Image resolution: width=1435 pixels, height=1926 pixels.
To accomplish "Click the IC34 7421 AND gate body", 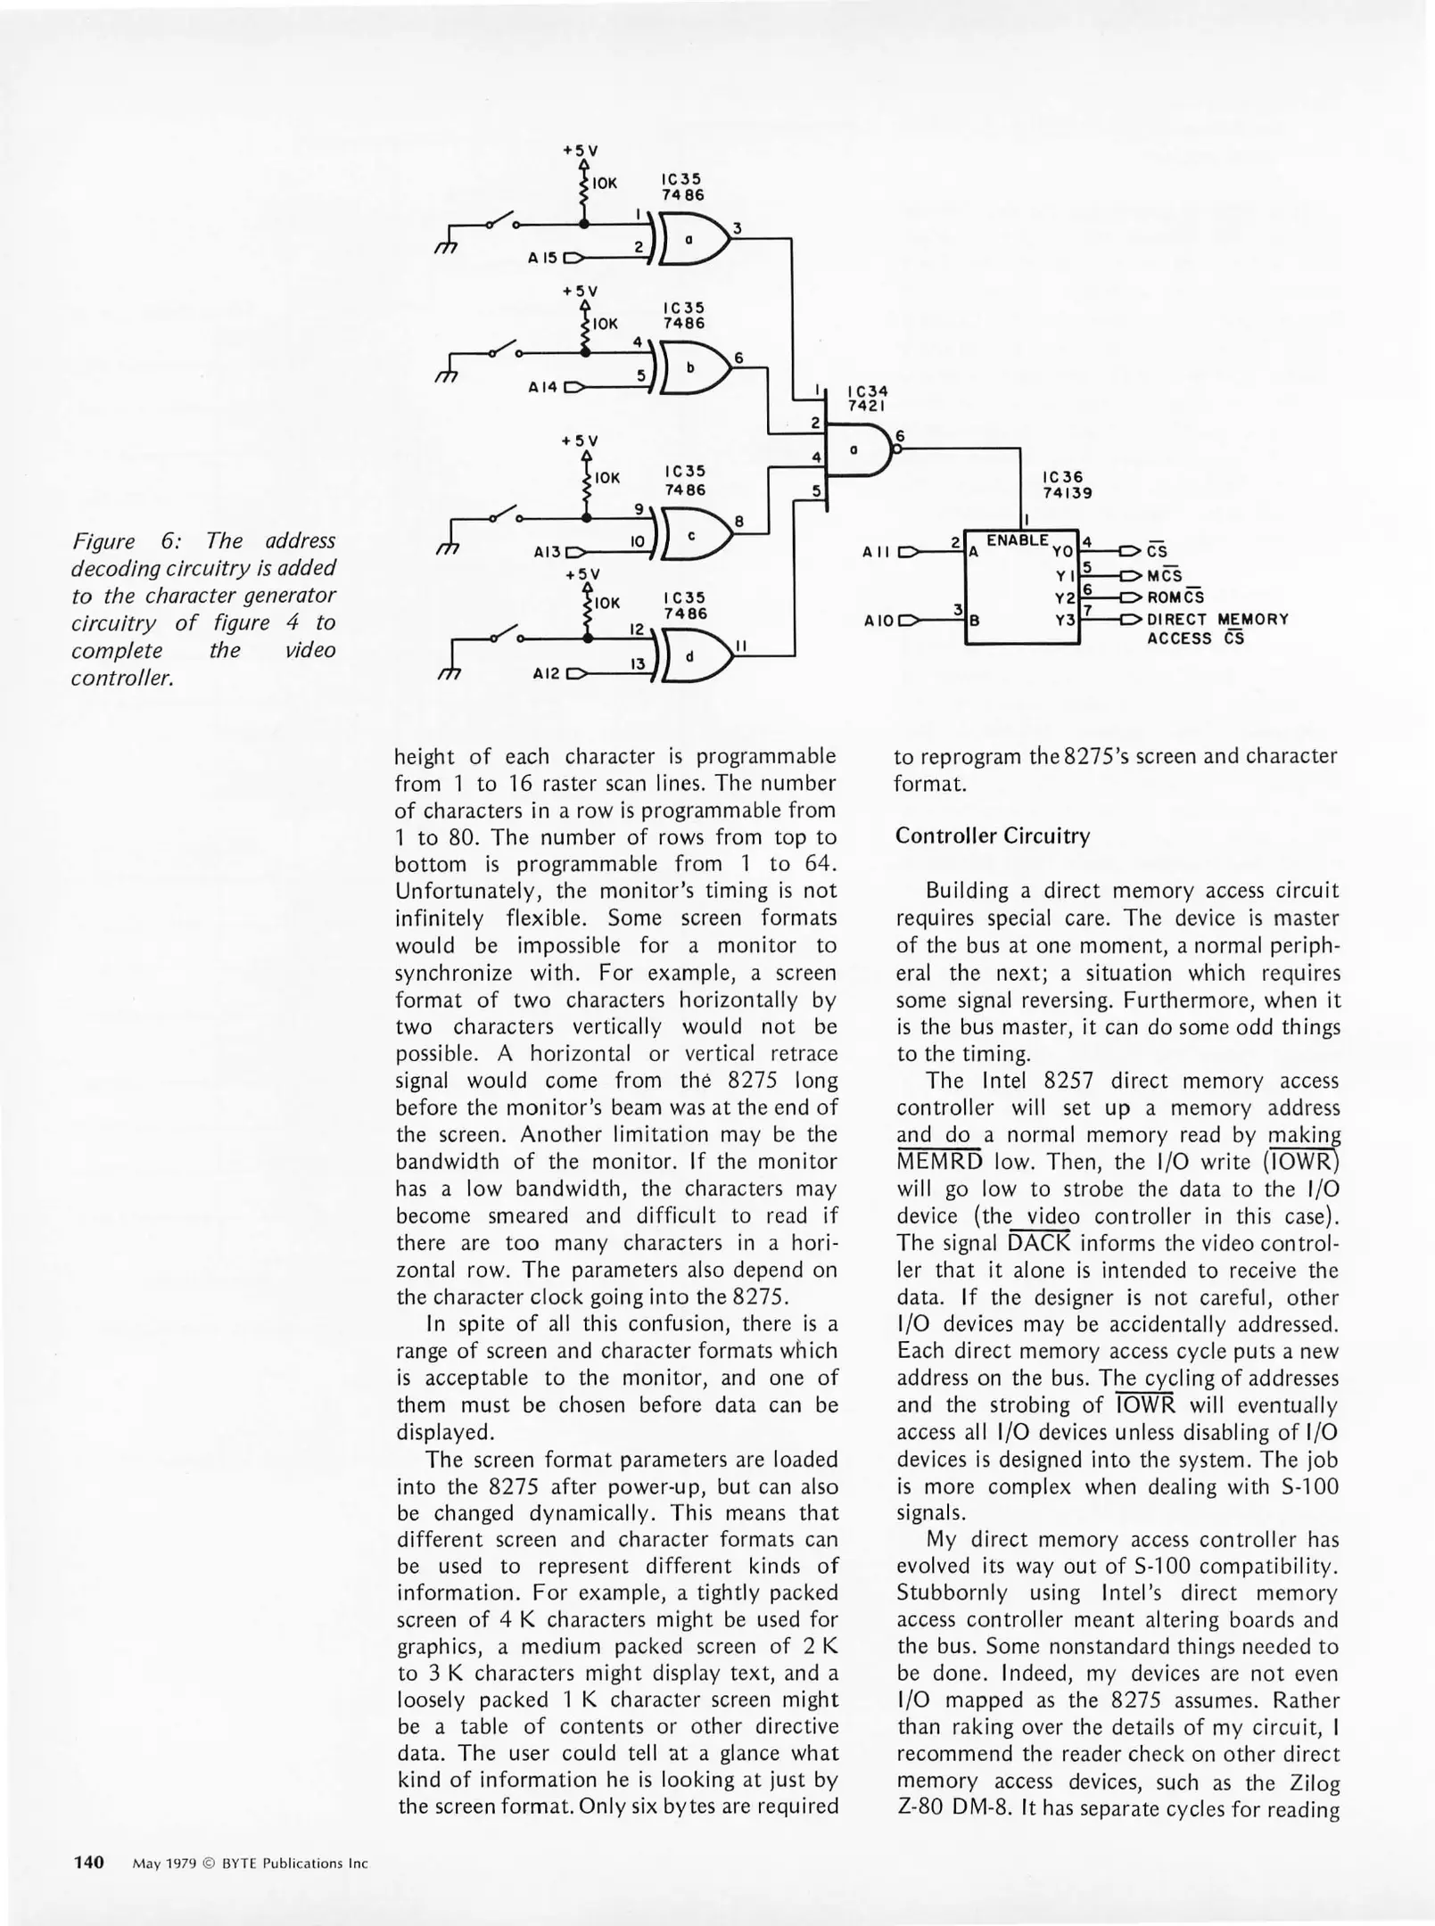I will point(858,451).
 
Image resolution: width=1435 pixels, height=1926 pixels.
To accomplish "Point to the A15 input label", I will point(542,259).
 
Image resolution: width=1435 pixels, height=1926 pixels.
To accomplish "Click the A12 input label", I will point(545,673).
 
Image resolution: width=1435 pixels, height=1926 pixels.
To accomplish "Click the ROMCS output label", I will point(1175,597).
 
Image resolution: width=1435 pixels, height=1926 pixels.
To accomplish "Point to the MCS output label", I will point(1164,575).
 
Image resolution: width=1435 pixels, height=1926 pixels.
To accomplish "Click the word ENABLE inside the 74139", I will point(1017,540).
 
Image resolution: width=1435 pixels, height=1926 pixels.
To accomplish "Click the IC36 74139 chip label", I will point(1067,485).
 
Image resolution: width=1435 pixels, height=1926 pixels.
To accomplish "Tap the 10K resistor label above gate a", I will point(605,184).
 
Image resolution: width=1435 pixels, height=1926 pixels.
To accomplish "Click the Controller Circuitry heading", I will point(992,835).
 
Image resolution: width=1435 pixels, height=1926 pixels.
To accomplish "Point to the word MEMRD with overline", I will point(939,1162).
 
